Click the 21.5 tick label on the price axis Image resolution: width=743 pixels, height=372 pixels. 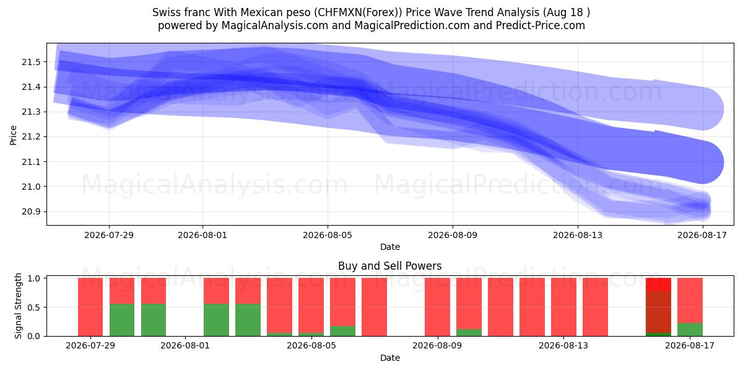31,62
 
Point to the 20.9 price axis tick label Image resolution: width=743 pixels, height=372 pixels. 31,212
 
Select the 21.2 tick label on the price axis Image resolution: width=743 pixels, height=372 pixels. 31,137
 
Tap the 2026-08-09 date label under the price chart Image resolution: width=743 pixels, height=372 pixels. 453,235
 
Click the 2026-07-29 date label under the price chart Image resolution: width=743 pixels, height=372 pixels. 109,235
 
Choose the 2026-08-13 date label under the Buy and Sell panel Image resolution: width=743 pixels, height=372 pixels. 563,345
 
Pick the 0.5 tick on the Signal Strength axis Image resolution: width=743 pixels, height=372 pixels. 33,308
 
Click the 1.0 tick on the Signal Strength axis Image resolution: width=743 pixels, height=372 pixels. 33,278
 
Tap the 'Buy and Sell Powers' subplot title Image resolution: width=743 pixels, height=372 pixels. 389,266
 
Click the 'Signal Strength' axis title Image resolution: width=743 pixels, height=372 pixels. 18,306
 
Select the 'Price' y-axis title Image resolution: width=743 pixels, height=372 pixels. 13,135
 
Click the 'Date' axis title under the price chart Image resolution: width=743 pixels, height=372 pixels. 390,247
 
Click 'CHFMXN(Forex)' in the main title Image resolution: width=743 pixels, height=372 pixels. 358,12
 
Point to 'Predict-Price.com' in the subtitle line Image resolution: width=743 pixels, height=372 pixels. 541,25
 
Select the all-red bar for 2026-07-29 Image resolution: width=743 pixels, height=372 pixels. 90,307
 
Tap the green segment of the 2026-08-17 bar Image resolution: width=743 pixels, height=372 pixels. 690,329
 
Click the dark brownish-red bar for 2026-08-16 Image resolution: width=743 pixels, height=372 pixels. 658,312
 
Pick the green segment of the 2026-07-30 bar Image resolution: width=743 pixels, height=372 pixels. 122,320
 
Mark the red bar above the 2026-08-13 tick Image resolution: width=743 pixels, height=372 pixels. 563,307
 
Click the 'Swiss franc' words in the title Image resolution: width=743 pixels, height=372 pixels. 181,12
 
